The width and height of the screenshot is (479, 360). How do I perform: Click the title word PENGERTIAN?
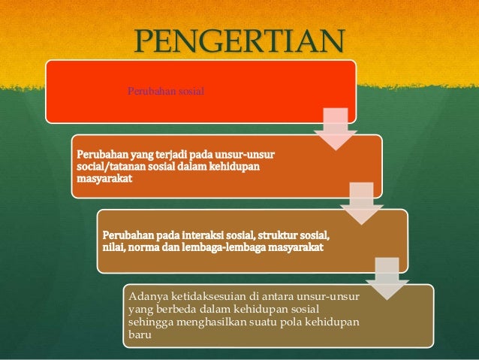pyautogui.click(x=239, y=42)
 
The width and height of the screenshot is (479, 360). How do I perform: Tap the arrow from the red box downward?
pyautogui.click(x=335, y=128)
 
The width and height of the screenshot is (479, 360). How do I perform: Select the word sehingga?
pyautogui.click(x=150, y=322)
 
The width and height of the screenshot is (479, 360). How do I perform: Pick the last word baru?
pyautogui.click(x=140, y=334)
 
